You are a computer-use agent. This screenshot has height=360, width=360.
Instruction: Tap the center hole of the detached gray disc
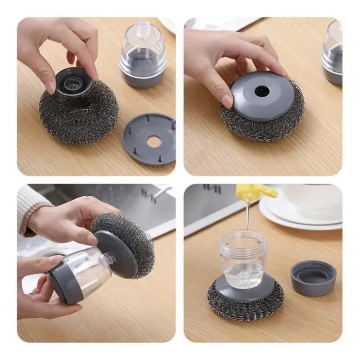[x=154, y=141]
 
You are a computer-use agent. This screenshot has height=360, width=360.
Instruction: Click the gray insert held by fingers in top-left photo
[x=74, y=82]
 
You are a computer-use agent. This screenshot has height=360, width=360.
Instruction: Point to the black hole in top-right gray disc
[x=262, y=91]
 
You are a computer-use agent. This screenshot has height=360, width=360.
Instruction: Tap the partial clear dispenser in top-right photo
[x=333, y=52]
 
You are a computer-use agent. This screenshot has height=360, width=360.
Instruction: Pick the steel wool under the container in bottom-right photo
[x=245, y=310]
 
